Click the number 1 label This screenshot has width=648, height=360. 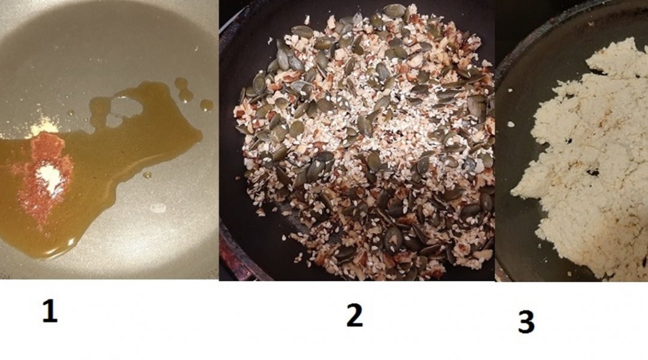click(x=50, y=311)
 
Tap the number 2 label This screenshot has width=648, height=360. click(x=354, y=316)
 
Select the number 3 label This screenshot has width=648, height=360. click(x=526, y=322)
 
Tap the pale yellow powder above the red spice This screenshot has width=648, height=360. click(x=44, y=127)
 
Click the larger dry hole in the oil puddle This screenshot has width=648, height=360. click(x=127, y=107)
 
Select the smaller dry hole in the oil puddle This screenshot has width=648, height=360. click(x=112, y=121)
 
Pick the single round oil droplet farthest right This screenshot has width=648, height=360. click(x=206, y=105)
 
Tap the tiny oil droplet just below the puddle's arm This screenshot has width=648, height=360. click(x=147, y=175)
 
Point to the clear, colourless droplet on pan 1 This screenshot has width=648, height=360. click(x=158, y=208)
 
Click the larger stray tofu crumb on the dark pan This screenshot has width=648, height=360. click(x=511, y=124)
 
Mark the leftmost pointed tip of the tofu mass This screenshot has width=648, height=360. click(x=512, y=193)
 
